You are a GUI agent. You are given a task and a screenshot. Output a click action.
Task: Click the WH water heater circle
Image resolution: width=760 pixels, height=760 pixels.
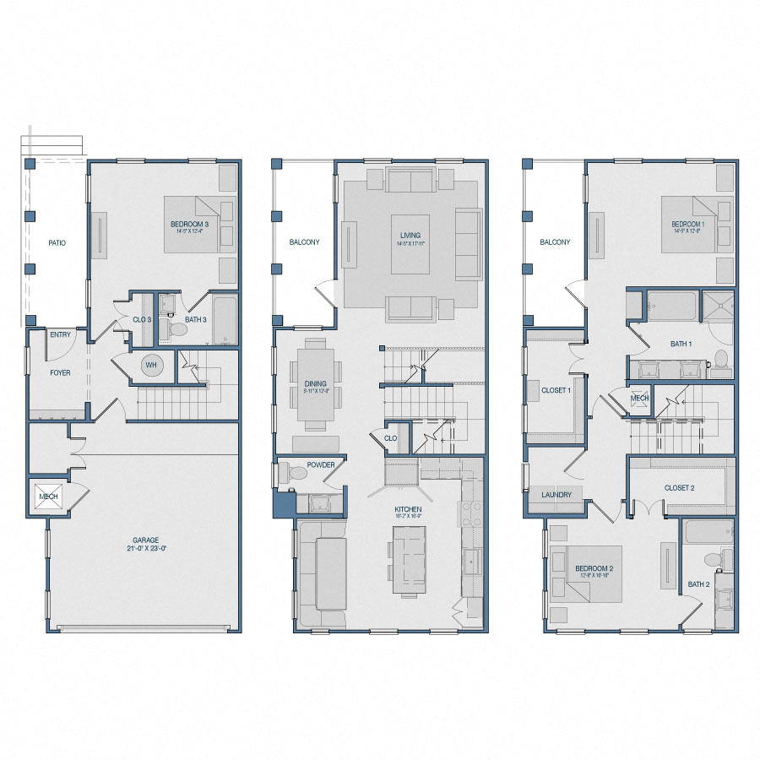pos(152,366)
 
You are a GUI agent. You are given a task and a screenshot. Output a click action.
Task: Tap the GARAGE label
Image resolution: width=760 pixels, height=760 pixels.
pos(145,540)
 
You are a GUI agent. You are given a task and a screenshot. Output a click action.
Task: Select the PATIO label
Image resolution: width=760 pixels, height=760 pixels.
pos(57,243)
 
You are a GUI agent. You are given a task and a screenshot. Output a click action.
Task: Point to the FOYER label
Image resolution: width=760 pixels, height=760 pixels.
pos(60,372)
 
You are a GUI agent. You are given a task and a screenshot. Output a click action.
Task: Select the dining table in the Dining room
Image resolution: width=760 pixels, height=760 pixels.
pos(315,384)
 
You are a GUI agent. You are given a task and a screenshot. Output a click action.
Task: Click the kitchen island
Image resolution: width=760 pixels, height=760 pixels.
pos(410,554)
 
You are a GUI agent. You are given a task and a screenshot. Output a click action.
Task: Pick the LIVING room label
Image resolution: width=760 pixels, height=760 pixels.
pos(410,236)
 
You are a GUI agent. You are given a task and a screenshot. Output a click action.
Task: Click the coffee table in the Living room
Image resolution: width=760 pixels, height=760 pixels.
pos(410,245)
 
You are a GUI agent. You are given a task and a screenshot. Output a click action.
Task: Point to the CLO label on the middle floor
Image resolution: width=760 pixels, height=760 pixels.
pos(390,438)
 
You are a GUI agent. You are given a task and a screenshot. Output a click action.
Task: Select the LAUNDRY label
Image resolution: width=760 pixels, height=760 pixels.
pos(556,495)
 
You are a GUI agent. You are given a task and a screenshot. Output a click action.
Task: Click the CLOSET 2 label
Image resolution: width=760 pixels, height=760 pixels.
pos(679,487)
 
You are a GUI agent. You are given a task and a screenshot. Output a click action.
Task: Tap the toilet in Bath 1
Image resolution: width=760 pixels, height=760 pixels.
pos(720,358)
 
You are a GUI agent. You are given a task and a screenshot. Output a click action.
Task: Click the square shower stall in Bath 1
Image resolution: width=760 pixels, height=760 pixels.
pos(719,308)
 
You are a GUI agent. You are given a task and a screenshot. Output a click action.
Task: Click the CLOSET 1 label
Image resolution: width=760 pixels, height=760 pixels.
pos(556,391)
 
